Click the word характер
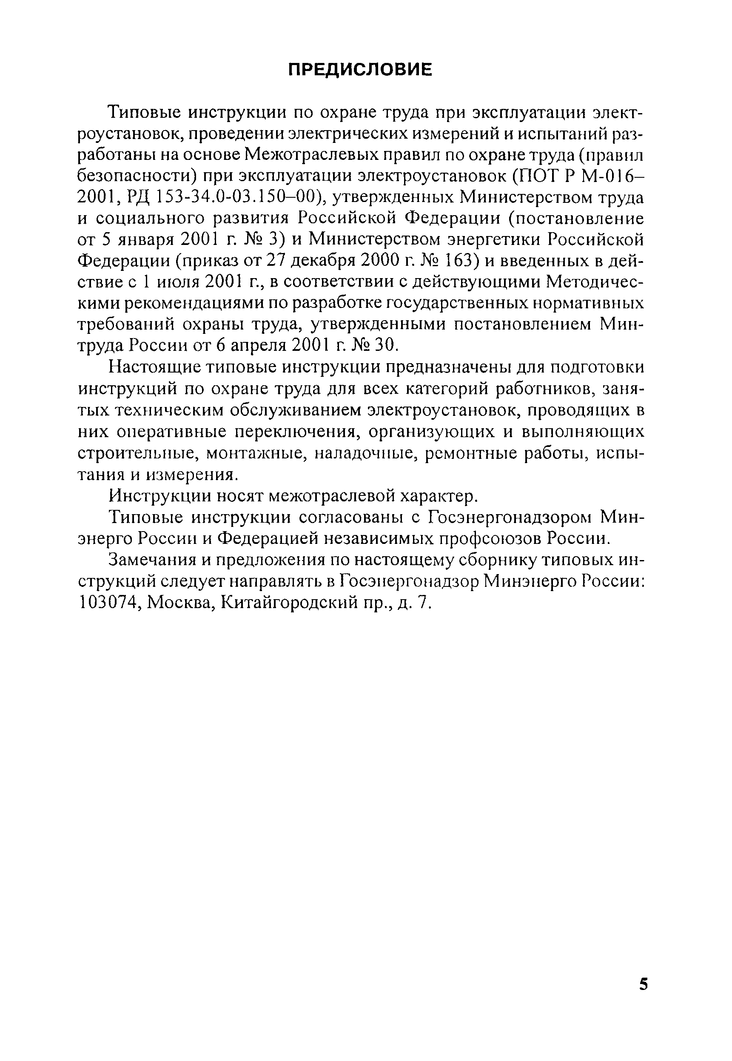(x=440, y=496)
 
